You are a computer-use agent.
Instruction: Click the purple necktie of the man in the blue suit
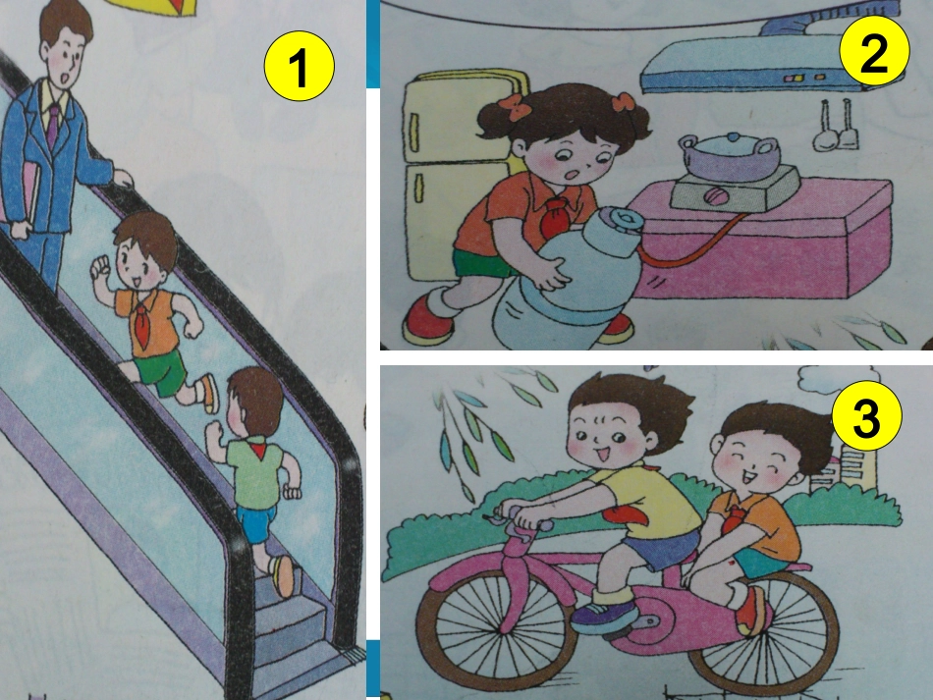pos(53,124)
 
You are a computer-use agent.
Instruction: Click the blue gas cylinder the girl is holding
pos(565,285)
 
